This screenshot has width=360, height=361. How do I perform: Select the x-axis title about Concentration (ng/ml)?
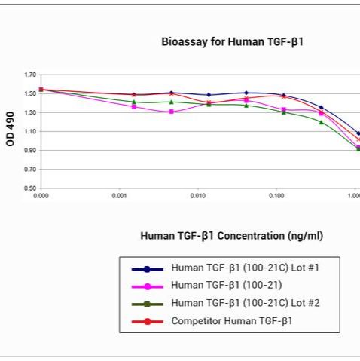pyautogui.click(x=231, y=236)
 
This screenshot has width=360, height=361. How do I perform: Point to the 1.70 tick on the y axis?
pyautogui.click(x=30, y=75)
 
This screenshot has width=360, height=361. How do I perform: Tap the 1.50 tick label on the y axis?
pyautogui.click(x=30, y=93)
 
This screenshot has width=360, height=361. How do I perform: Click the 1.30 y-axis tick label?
pyautogui.click(x=30, y=112)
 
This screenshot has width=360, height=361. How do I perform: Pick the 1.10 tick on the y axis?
pyautogui.click(x=30, y=131)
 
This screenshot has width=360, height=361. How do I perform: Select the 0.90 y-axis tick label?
pyautogui.click(x=30, y=150)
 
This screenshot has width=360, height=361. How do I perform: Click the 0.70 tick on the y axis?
pyautogui.click(x=30, y=169)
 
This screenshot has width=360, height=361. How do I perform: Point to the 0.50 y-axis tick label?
pyautogui.click(x=30, y=188)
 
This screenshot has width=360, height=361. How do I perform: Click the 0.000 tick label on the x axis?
pyautogui.click(x=41, y=195)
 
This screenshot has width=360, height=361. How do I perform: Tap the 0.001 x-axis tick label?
pyautogui.click(x=119, y=195)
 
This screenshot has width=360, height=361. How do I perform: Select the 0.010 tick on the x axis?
pyautogui.click(x=197, y=195)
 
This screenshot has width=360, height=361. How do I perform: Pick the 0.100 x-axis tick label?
pyautogui.click(x=276, y=195)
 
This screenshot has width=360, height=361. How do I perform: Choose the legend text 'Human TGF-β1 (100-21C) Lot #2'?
pyautogui.click(x=245, y=304)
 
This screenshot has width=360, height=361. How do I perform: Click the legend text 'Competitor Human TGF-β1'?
pyautogui.click(x=231, y=322)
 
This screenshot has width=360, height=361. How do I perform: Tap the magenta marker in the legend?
pyautogui.click(x=148, y=286)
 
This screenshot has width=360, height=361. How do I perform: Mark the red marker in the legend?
pyautogui.click(x=148, y=323)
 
